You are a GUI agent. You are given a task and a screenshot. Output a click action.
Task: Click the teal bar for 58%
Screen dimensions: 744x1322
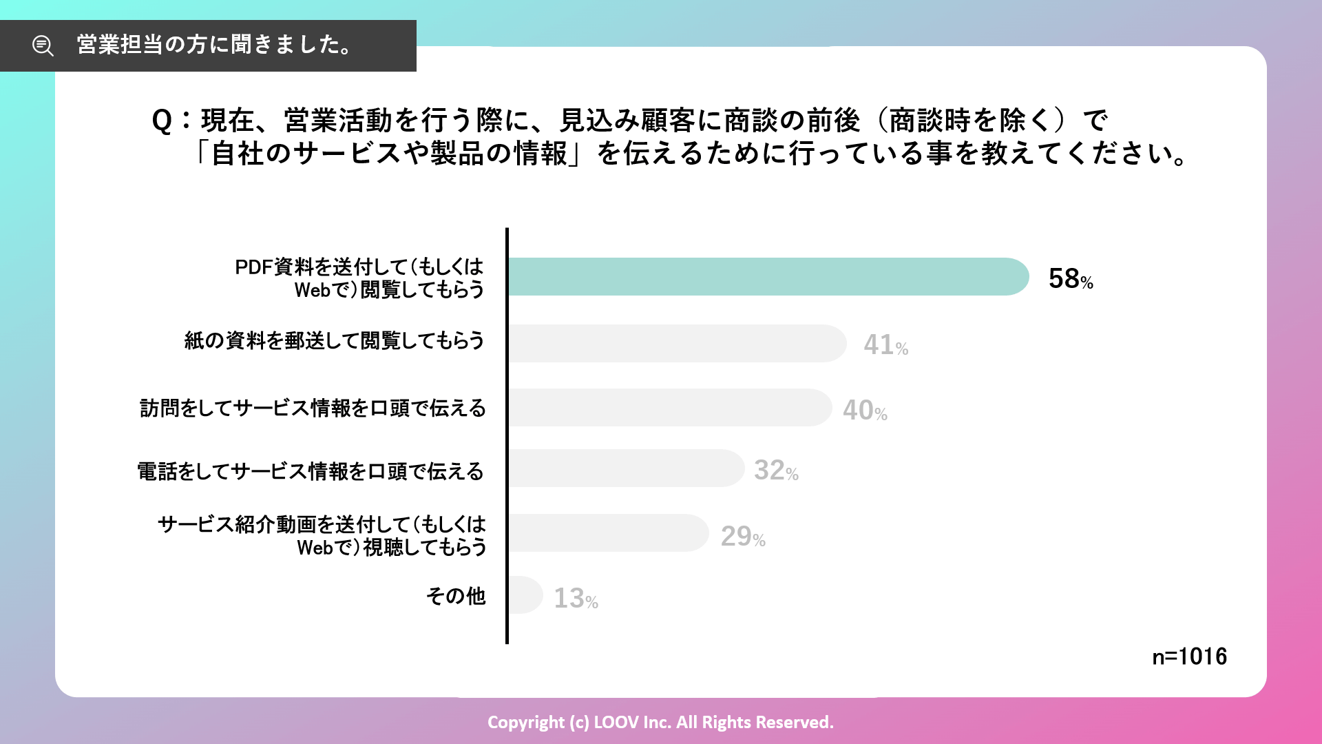(768, 277)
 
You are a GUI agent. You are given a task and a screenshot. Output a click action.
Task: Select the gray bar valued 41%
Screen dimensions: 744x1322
(677, 343)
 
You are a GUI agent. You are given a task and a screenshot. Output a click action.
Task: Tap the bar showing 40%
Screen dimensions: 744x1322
(669, 408)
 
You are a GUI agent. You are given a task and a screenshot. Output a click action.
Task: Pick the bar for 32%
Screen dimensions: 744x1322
(626, 468)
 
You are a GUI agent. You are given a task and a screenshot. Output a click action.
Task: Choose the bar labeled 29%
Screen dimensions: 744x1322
(608, 533)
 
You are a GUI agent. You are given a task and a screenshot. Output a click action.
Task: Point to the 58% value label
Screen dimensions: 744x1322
(1071, 279)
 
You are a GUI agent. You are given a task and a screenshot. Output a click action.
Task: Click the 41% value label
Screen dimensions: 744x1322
(886, 344)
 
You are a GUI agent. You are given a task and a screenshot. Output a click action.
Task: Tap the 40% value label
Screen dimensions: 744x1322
(865, 411)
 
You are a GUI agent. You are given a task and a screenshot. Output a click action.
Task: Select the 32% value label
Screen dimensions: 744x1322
(776, 471)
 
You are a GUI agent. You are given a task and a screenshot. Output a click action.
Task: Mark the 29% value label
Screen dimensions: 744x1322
(743, 537)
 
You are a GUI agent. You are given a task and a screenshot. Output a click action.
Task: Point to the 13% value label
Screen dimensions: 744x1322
(576, 599)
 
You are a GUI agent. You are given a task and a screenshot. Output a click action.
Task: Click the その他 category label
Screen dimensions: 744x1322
(456, 596)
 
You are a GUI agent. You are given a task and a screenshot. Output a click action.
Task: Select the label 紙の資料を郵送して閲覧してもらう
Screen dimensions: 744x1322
(335, 340)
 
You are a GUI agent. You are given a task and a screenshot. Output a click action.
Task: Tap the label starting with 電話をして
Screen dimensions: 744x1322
(311, 472)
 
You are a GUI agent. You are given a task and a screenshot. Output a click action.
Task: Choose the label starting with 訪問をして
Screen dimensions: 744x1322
(313, 409)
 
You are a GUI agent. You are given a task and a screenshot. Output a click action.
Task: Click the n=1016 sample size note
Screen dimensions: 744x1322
(1189, 657)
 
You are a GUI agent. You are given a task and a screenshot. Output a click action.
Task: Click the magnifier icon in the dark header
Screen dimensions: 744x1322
(43, 45)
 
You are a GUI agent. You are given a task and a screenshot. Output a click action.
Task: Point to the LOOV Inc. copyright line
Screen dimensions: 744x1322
(660, 722)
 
